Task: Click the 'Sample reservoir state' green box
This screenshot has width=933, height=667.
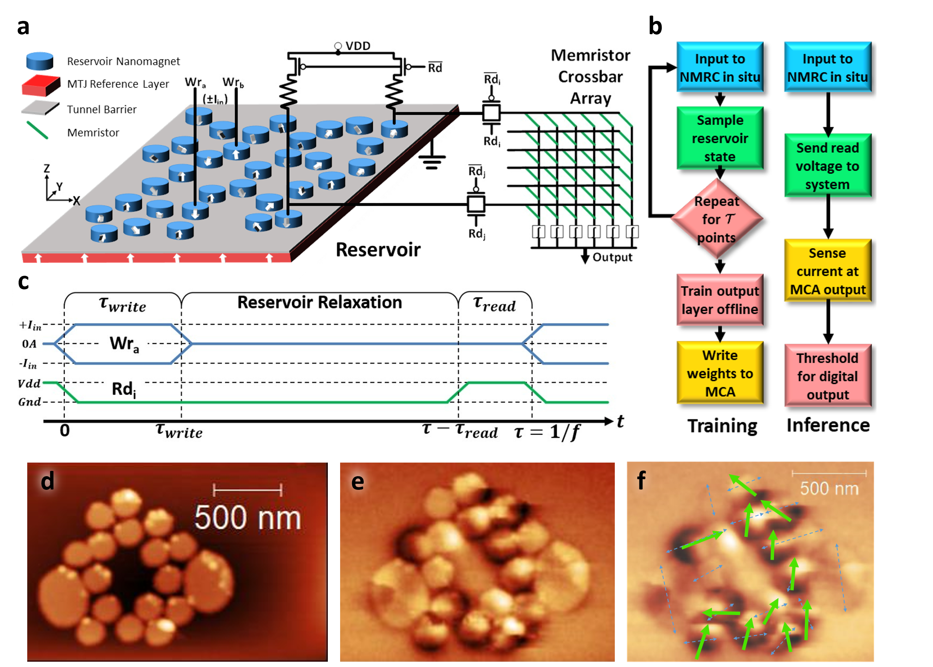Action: pyautogui.click(x=720, y=138)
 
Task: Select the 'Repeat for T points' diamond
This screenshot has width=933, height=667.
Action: pyautogui.click(x=717, y=219)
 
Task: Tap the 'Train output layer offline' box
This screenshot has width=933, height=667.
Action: pyautogui.click(x=720, y=300)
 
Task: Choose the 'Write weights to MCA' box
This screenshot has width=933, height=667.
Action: pyautogui.click(x=720, y=373)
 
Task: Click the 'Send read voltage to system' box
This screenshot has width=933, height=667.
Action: pyautogui.click(x=827, y=166)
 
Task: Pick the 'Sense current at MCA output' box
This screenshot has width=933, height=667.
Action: pyautogui.click(x=827, y=271)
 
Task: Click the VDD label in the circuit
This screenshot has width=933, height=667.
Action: pyautogui.click(x=358, y=45)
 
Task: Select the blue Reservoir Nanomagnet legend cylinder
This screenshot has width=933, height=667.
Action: pyautogui.click(x=40, y=61)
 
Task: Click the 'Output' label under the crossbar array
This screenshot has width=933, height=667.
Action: pyautogui.click(x=612, y=257)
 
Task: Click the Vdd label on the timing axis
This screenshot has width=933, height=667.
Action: pyautogui.click(x=29, y=383)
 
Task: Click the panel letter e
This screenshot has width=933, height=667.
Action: pyautogui.click(x=358, y=482)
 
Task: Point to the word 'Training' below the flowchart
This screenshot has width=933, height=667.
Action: pyautogui.click(x=722, y=426)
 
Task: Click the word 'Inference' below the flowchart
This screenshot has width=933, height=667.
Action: pyautogui.click(x=828, y=425)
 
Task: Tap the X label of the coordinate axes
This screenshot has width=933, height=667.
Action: pyautogui.click(x=76, y=201)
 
